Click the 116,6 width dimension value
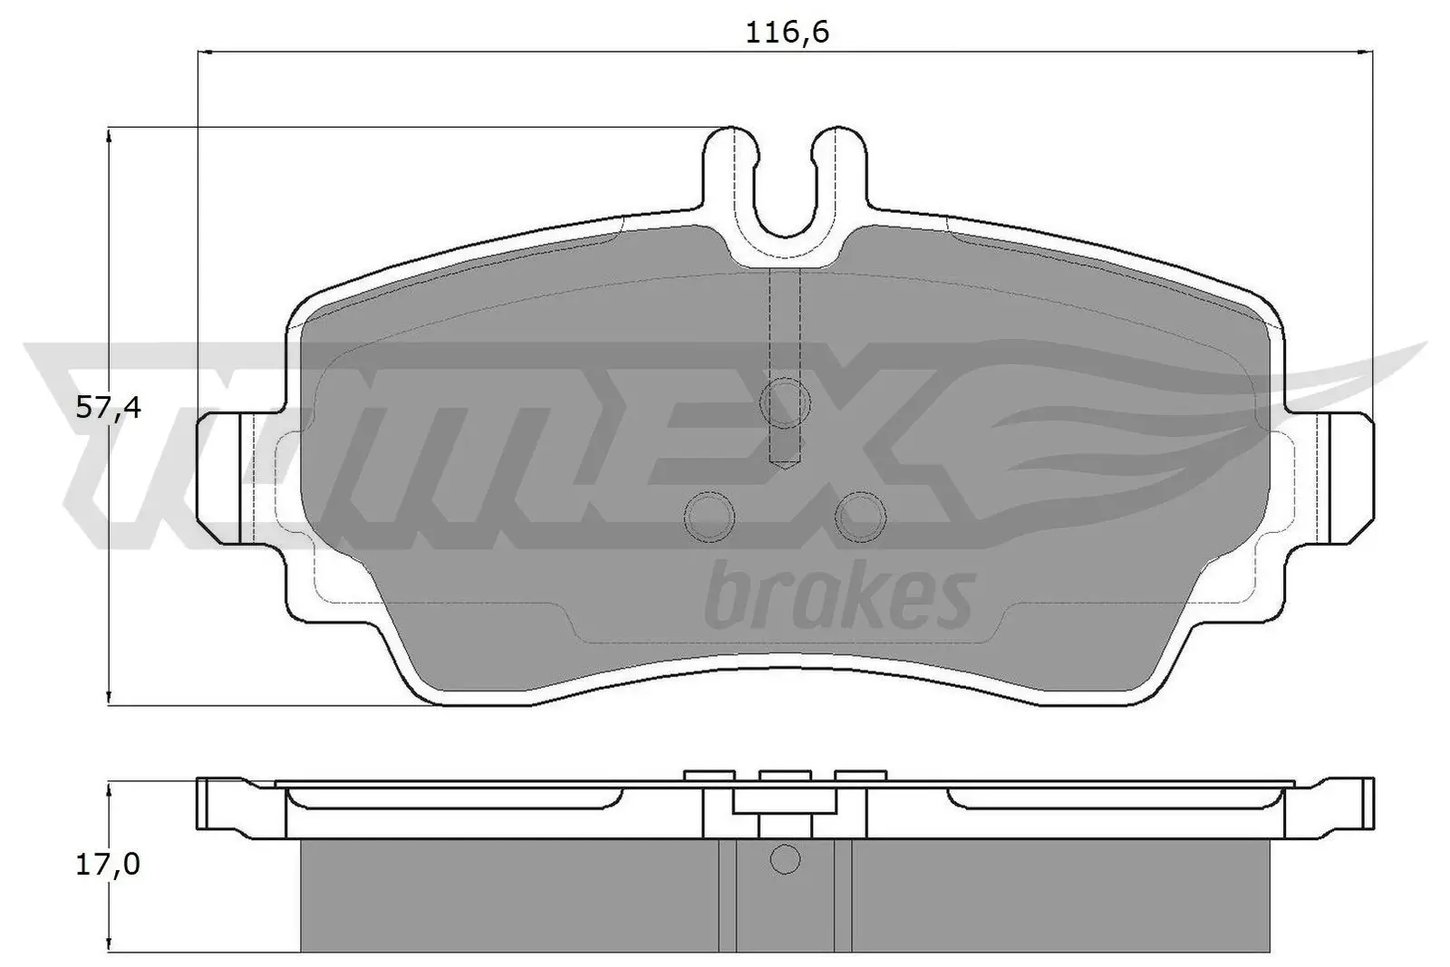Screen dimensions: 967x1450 pyautogui.click(x=787, y=34)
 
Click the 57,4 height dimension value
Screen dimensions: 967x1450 pyautogui.click(x=108, y=408)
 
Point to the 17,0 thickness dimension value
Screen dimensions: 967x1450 pyautogui.click(x=108, y=865)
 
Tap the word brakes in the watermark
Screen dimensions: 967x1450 pyautogui.click(x=839, y=598)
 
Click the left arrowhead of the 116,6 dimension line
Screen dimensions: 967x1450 pyautogui.click(x=203, y=52)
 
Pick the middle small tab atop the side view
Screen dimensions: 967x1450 pyautogui.click(x=785, y=774)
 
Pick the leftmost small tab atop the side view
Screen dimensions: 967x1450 pyautogui.click(x=709, y=774)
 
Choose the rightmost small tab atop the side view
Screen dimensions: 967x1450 pyautogui.click(x=859, y=774)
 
